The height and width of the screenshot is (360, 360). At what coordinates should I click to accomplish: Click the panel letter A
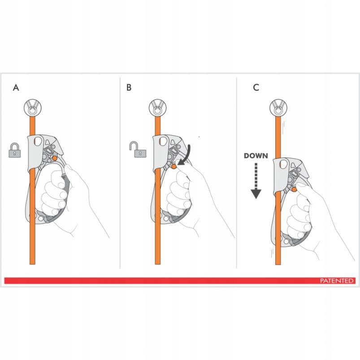point(16,87)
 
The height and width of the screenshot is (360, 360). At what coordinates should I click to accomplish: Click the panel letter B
point(129,87)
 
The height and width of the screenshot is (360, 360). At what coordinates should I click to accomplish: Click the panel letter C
point(256,87)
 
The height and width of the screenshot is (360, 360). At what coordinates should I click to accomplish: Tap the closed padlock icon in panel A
point(15,150)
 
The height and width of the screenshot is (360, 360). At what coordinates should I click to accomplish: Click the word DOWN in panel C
point(256,156)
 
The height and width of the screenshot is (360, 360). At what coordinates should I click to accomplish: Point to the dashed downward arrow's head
point(256,194)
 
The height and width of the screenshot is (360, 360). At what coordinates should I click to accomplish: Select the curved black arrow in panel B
point(186,156)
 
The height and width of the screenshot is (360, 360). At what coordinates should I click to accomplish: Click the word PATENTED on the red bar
point(337,281)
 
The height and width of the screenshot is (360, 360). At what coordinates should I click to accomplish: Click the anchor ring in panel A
point(33,108)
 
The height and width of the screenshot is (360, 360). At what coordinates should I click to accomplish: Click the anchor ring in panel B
point(157,108)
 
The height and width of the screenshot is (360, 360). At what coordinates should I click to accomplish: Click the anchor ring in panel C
point(278,108)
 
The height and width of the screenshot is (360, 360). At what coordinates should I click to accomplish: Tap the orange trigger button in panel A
point(55,158)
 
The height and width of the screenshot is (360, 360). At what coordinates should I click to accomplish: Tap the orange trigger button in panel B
point(174,167)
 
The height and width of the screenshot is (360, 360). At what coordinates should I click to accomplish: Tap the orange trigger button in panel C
point(294,189)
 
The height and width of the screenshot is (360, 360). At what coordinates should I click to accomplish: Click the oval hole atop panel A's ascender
point(38,141)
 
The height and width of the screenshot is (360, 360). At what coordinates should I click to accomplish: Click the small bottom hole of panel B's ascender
point(166,218)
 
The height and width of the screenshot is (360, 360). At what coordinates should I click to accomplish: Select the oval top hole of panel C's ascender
point(284,164)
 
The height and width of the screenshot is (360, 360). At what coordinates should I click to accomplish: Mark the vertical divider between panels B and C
point(236,173)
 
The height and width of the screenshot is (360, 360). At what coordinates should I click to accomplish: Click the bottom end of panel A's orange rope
point(32,264)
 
